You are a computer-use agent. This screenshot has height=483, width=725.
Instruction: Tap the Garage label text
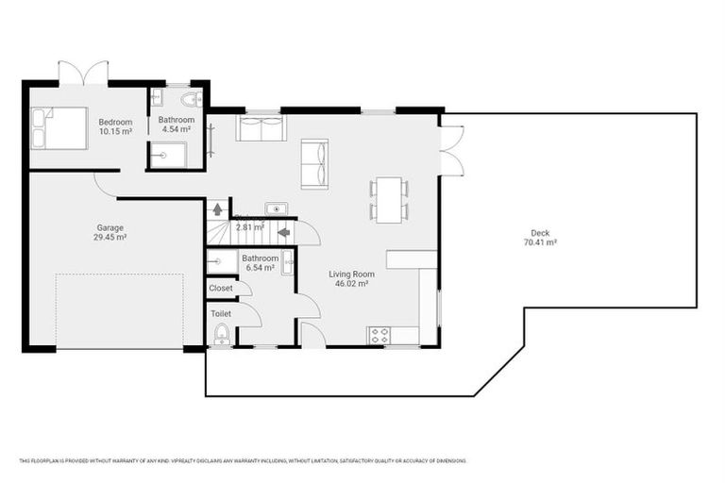(110, 227)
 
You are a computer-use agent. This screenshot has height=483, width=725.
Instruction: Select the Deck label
(539, 233)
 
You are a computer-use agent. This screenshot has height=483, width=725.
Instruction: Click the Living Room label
(347, 274)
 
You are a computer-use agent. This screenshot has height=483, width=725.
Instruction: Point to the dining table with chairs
(389, 200)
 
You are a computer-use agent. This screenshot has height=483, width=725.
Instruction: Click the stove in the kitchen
(379, 335)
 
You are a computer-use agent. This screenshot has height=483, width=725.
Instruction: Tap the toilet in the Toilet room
(222, 335)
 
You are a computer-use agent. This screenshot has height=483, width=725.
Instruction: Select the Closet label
(221, 288)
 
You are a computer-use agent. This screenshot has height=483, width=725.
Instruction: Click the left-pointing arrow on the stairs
(283, 231)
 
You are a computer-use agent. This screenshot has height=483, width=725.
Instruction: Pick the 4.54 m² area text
(177, 131)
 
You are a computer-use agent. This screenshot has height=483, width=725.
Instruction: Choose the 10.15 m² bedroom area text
(115, 131)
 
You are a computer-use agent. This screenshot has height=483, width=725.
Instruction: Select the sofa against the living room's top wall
(261, 128)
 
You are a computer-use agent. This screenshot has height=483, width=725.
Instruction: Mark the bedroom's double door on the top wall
(83, 74)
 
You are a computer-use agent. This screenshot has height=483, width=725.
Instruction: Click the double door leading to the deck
(451, 150)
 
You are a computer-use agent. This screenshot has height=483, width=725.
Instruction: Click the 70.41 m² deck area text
(539, 242)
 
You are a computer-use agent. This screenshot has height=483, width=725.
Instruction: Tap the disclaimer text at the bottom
(243, 460)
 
